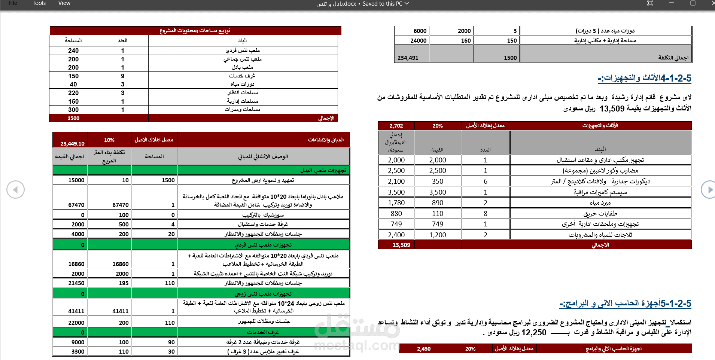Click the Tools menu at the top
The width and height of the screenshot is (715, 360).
tap(39, 3)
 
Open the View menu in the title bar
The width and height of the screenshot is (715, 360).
tap(64, 3)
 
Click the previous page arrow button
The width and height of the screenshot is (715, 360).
tap(15, 190)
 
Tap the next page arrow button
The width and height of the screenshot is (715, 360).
tap(709, 190)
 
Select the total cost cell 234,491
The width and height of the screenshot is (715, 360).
tap(408, 58)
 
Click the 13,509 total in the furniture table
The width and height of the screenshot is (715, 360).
tap(401, 245)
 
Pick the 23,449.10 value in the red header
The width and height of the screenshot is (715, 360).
tap(72, 143)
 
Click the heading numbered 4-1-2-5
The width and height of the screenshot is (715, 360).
tap(644, 78)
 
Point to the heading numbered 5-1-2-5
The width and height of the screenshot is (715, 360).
tap(625, 303)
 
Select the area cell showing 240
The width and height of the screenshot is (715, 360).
tap(73, 51)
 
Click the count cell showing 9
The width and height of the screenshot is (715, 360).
tap(122, 76)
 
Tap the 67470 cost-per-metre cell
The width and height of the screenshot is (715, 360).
tap(120, 205)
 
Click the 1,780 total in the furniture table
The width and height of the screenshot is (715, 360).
tap(396, 202)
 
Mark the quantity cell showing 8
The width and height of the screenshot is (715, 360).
tap(485, 213)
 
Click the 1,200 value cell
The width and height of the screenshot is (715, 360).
tap(437, 235)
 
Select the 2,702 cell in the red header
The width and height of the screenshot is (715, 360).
tap(396, 126)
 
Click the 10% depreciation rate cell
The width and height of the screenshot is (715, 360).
tap(109, 140)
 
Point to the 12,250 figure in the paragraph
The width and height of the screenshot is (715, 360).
tap(534, 332)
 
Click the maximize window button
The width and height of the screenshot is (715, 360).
tap(693, 3)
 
